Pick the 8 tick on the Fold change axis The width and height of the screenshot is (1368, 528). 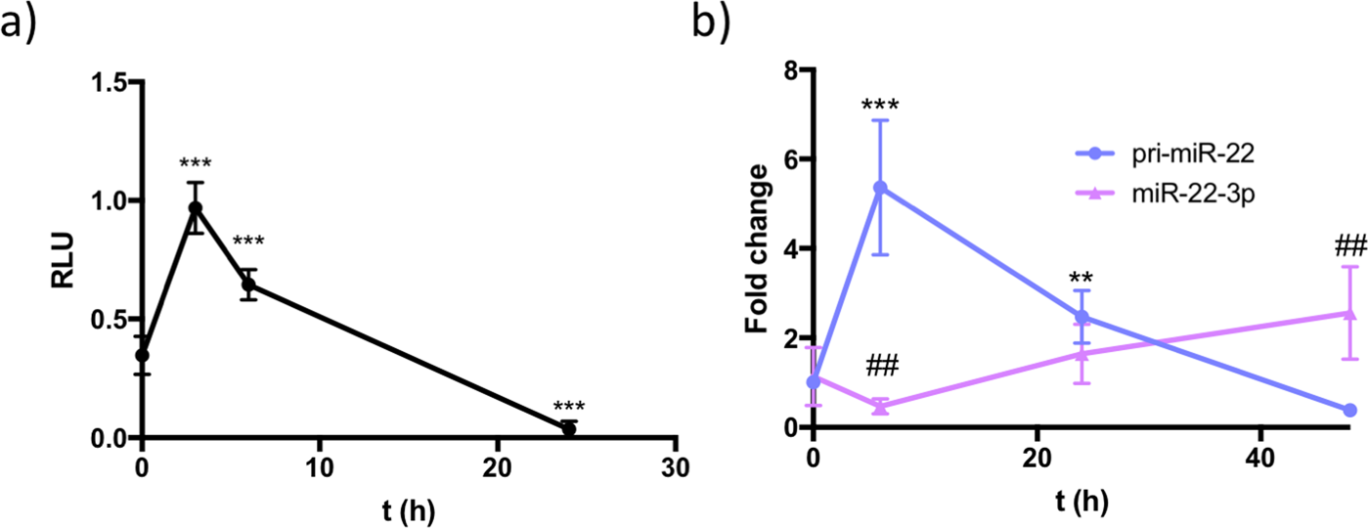pyautogui.click(x=794, y=70)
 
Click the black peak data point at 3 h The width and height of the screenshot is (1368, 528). pyautogui.click(x=196, y=207)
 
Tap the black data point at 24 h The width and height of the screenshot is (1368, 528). pyautogui.click(x=568, y=429)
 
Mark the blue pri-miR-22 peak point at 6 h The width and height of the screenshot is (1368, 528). pyautogui.click(x=880, y=188)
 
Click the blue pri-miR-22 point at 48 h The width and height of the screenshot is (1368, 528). pyautogui.click(x=1349, y=410)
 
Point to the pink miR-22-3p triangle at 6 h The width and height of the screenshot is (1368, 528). pyautogui.click(x=880, y=407)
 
